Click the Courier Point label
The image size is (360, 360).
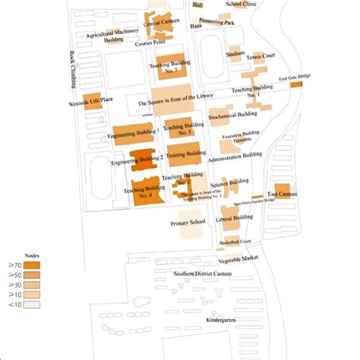pos(151,43)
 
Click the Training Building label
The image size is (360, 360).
pos(187,153)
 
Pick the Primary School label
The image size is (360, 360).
pos(188,223)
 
